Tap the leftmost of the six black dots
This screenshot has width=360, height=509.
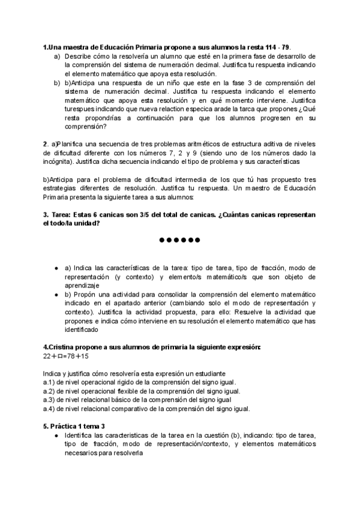click(x=162, y=241)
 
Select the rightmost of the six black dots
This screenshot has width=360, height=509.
click(x=197, y=241)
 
